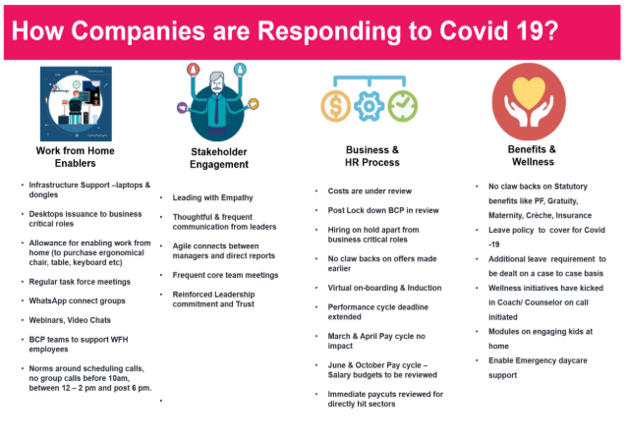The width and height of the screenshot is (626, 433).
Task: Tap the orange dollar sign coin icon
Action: pyautogui.click(x=336, y=106)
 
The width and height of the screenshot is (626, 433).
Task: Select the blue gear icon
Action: pyautogui.click(x=370, y=106)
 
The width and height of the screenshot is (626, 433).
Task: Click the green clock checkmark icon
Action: pyautogui.click(x=403, y=106)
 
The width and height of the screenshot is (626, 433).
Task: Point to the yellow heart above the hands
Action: pyautogui.click(x=529, y=92)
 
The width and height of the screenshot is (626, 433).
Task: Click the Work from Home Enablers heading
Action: pyautogui.click(x=75, y=157)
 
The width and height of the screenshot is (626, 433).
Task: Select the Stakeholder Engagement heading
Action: pyautogui.click(x=219, y=158)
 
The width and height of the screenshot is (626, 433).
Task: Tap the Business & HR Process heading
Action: pyautogui.click(x=372, y=156)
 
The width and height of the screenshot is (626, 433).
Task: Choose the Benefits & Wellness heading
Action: pyautogui.click(x=533, y=155)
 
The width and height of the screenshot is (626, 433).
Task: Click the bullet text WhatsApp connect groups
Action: pyautogui.click(x=77, y=300)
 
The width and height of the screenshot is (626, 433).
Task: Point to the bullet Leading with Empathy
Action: pyautogui.click(x=213, y=197)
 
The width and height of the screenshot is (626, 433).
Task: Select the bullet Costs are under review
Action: pyautogui.click(x=370, y=191)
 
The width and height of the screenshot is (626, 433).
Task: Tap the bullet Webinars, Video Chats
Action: pyautogui.click(x=70, y=320)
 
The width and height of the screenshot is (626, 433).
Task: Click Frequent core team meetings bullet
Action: pyautogui.click(x=225, y=275)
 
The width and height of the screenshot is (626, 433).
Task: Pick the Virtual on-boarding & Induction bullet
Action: pyautogui.click(x=384, y=288)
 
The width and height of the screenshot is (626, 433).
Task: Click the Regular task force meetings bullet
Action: pyautogui.click(x=80, y=282)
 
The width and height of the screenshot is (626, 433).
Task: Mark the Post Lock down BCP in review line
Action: pyautogui.click(x=383, y=210)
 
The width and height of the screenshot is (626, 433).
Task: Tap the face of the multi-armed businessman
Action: pyautogui.click(x=217, y=83)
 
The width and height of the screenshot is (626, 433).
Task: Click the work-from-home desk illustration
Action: pyautogui.click(x=76, y=104)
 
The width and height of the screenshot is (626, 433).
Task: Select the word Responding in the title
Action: pyautogui.click(x=329, y=31)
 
